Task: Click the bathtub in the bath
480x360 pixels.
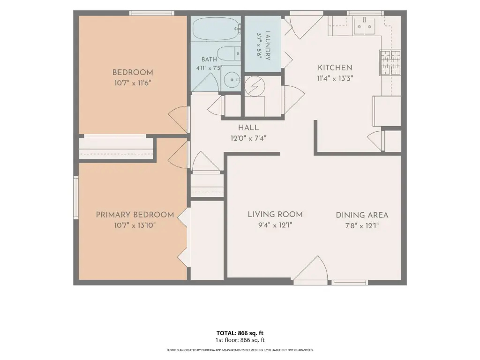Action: click(x=216, y=29)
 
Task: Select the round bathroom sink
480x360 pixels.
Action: click(x=232, y=80)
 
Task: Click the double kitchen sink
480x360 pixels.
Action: click(x=364, y=26)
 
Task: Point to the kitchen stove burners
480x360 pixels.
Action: click(x=390, y=62)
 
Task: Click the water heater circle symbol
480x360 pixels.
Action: click(x=255, y=86)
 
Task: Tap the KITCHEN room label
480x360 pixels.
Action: click(x=335, y=67)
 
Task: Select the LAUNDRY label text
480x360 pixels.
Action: click(x=267, y=45)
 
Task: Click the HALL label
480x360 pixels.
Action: click(x=248, y=127)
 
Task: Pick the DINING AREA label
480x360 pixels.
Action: click(x=362, y=215)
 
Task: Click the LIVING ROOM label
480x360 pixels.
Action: click(x=275, y=215)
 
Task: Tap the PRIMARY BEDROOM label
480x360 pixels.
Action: click(x=135, y=215)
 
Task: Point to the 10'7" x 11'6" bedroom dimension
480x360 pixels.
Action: click(x=133, y=83)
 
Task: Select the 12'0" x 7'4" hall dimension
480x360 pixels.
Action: click(x=248, y=138)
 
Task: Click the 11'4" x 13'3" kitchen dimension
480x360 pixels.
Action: click(x=335, y=78)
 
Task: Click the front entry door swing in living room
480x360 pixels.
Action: click(x=311, y=268)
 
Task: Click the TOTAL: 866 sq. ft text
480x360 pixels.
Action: click(x=240, y=333)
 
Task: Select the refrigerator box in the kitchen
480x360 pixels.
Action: click(x=387, y=111)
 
